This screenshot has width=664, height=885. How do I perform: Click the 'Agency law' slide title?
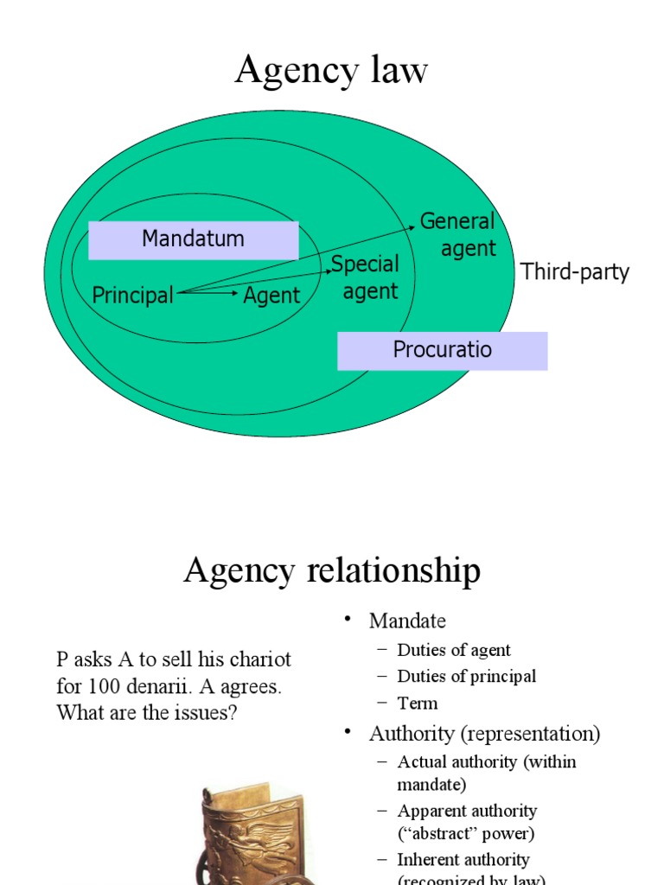pos(331,70)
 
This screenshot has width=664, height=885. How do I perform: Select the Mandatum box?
pos(193,239)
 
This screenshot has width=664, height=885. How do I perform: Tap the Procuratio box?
pos(442,350)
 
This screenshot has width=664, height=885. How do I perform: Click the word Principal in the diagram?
pos(132,296)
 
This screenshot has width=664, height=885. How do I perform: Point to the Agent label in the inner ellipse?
pos(271,296)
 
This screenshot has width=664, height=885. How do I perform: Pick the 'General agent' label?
pos(458,235)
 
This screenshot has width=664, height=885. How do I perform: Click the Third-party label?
pos(575,272)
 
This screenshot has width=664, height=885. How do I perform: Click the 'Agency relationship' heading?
pos(331,571)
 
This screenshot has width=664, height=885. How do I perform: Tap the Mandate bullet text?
pos(407,621)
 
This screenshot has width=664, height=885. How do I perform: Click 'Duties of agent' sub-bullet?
pos(454,650)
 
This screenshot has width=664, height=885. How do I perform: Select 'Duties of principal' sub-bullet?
pos(466,676)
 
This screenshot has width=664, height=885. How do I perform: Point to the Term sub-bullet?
pos(418,703)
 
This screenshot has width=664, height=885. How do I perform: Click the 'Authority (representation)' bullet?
pos(484,734)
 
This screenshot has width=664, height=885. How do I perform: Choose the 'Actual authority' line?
pos(486,762)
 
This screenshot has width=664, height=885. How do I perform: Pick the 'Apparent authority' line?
pos(467,811)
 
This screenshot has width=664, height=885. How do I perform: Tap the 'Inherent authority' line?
pos(463,860)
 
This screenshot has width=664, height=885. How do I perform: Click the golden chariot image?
pos(251,834)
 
